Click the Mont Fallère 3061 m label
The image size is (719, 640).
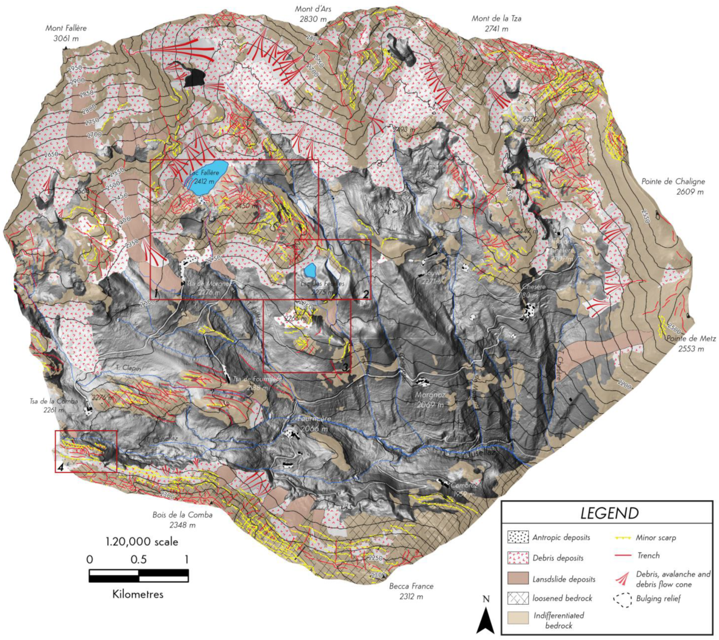[66, 33]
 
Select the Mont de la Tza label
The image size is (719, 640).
[496, 23]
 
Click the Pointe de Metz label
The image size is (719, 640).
[691, 343]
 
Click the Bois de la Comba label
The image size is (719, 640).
[182, 520]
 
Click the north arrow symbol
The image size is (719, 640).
[486, 618]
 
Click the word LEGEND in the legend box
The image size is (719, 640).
[609, 513]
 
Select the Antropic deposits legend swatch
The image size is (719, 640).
[518, 537]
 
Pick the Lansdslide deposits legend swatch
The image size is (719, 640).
[518, 578]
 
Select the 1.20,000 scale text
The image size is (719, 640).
[142, 541]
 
